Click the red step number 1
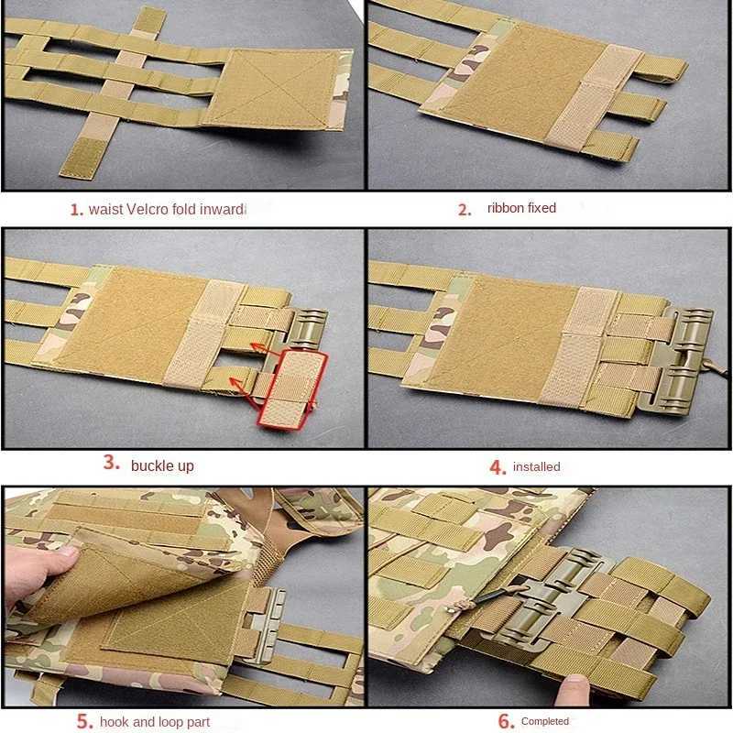tap(77, 210)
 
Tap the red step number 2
tap(465, 210)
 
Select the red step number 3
tap(111, 463)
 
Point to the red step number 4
tap(498, 467)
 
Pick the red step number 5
tap(85, 721)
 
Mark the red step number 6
tap(507, 721)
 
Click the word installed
tap(537, 466)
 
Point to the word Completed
tap(545, 721)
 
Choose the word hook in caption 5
tap(115, 721)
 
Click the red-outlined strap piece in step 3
tap(292, 388)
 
